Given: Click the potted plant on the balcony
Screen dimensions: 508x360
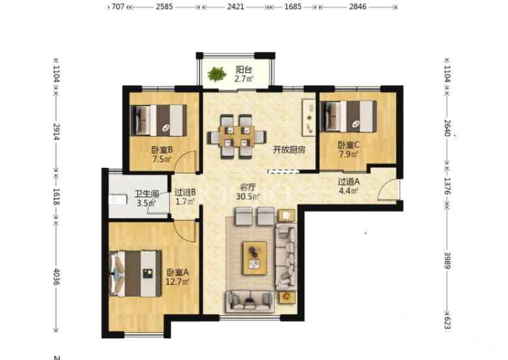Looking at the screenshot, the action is pyautogui.click(x=217, y=74).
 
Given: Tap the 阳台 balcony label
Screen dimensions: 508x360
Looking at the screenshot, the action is pyautogui.click(x=244, y=70).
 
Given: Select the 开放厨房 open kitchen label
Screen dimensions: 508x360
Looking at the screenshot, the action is pyautogui.click(x=289, y=150).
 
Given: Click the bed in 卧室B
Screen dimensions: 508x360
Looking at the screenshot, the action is pyautogui.click(x=158, y=120).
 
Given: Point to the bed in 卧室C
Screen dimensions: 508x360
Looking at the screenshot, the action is pyautogui.click(x=348, y=117).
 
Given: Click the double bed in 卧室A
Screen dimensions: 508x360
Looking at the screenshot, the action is pyautogui.click(x=135, y=274).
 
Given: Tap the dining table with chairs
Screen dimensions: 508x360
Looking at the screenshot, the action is pyautogui.click(x=237, y=136).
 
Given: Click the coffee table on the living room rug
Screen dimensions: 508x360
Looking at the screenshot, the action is pyautogui.click(x=255, y=258).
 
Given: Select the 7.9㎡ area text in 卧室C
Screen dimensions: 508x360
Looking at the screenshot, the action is pyautogui.click(x=348, y=154).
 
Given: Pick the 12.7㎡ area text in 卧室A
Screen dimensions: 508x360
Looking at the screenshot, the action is pyautogui.click(x=177, y=282).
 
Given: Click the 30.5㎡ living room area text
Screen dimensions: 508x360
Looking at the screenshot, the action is pyautogui.click(x=248, y=196).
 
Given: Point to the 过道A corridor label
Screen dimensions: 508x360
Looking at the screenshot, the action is pyautogui.click(x=348, y=182).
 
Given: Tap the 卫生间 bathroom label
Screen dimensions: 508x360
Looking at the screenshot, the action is pyautogui.click(x=147, y=194).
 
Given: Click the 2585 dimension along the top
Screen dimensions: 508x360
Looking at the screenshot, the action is pyautogui.click(x=164, y=7).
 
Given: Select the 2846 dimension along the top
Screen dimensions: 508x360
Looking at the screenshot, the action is pyautogui.click(x=358, y=7).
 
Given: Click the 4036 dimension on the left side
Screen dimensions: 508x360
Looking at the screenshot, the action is pyautogui.click(x=57, y=277).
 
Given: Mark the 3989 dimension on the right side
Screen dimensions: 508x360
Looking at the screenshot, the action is pyautogui.click(x=447, y=260).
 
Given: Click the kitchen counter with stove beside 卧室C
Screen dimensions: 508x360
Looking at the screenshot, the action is pyautogui.click(x=309, y=118).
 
